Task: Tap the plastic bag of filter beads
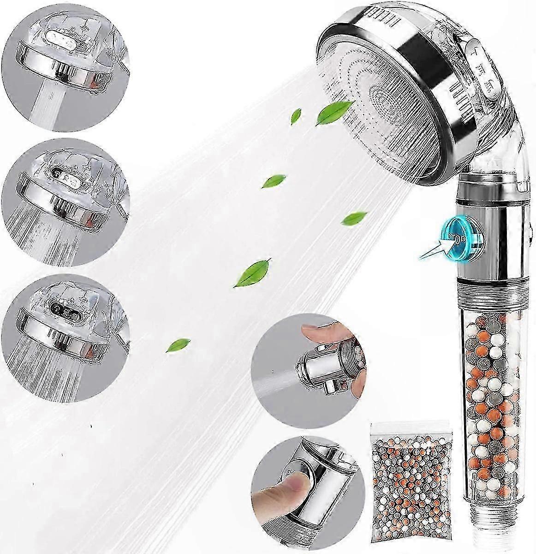(400, 497)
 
